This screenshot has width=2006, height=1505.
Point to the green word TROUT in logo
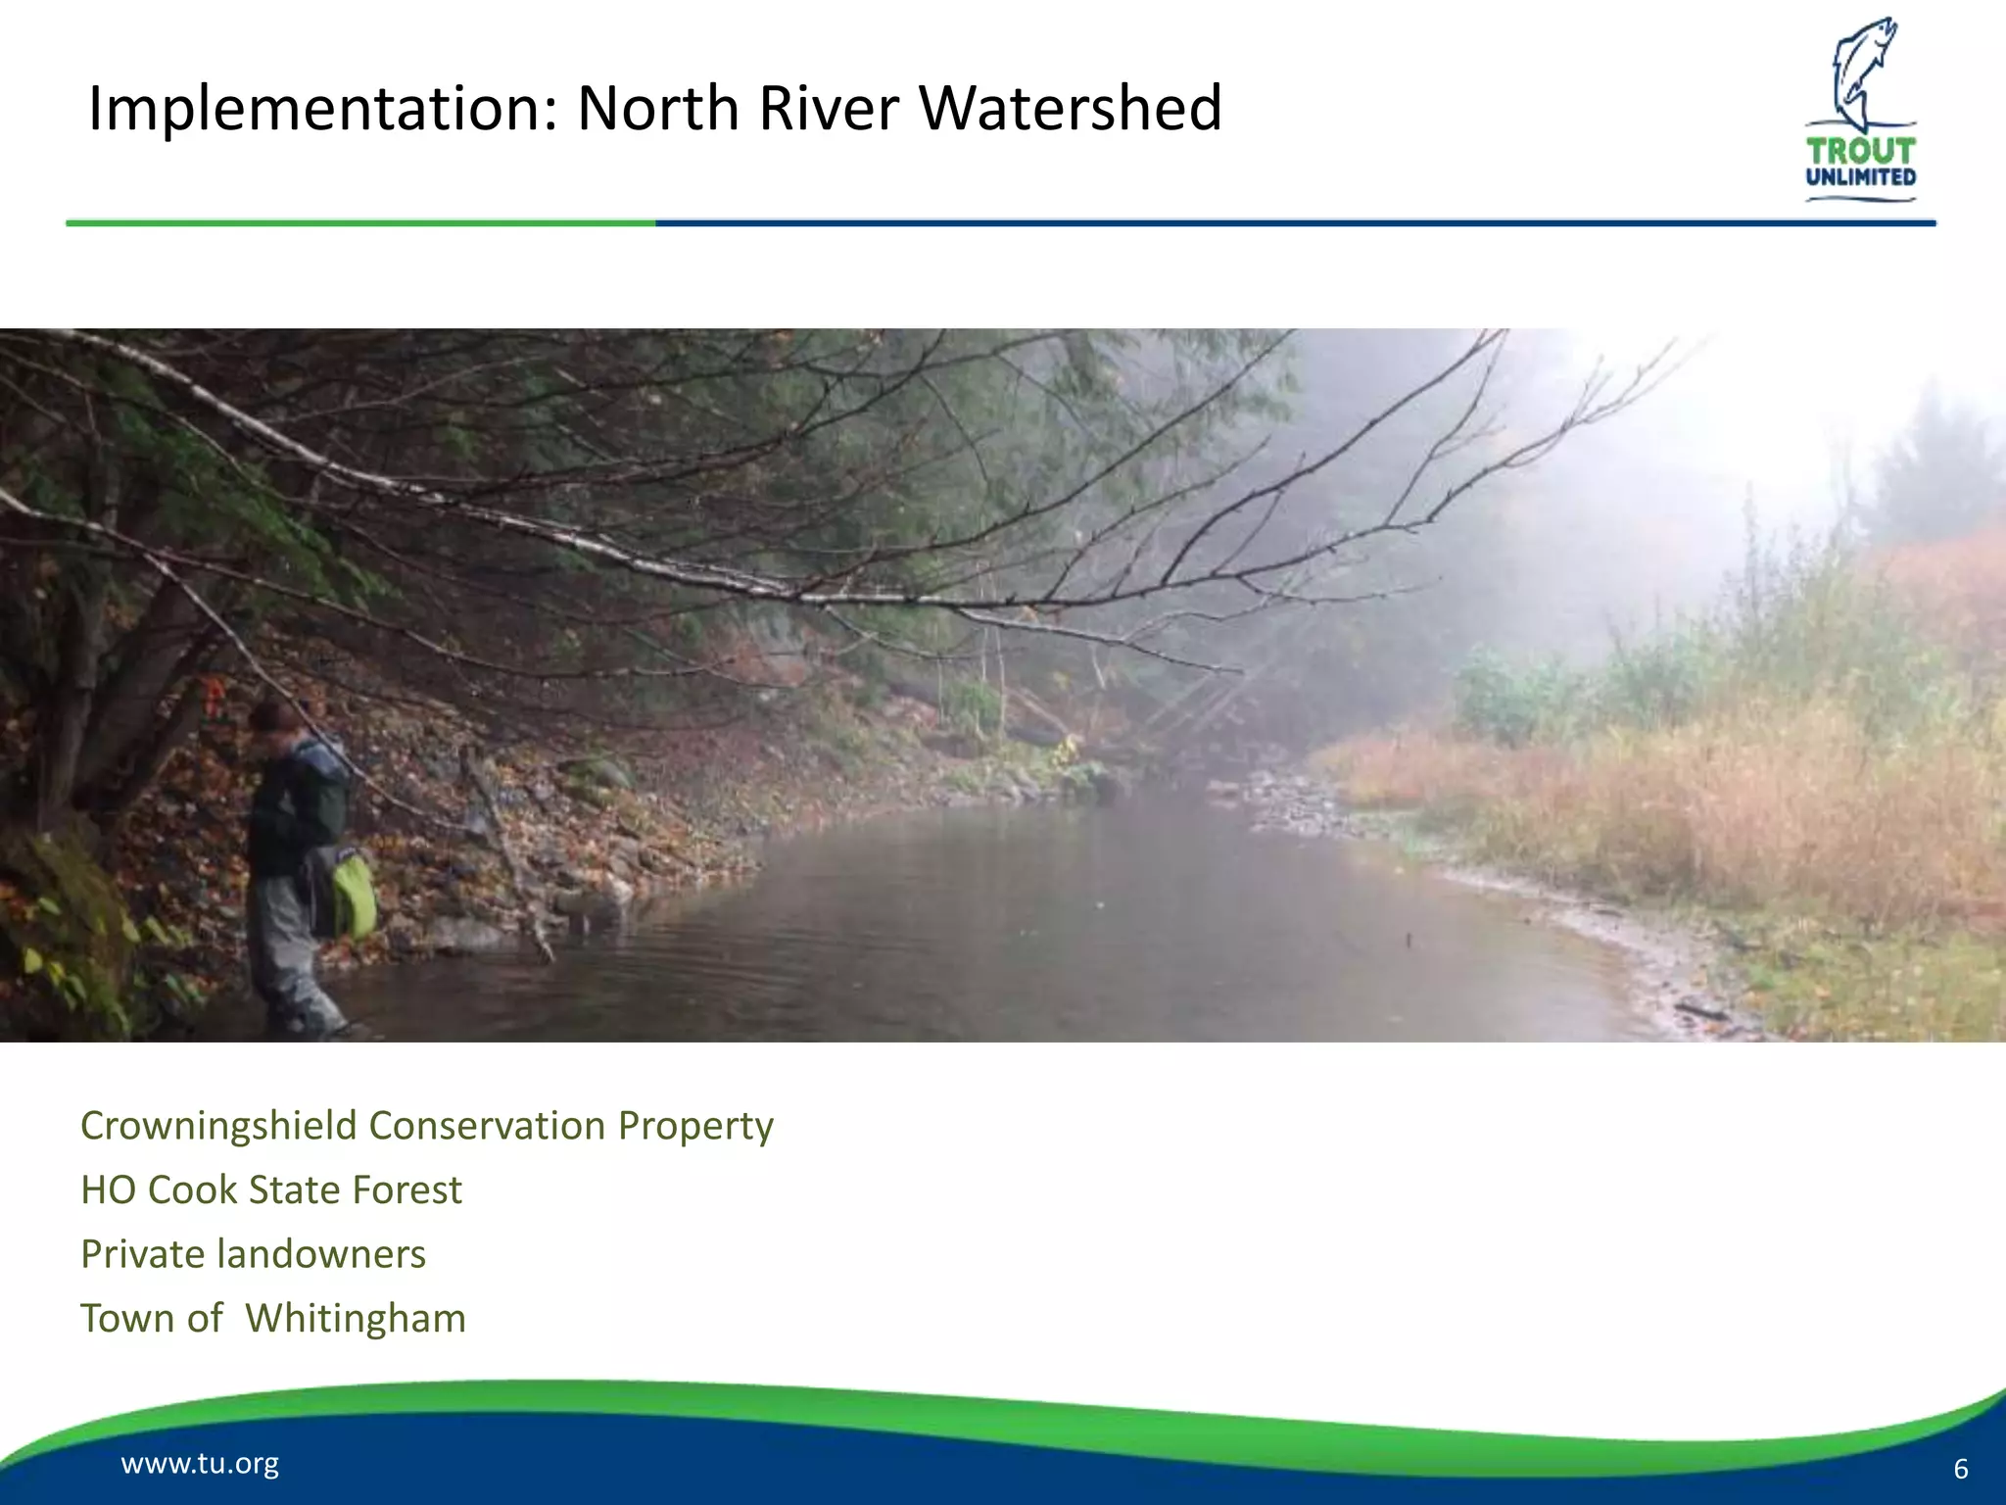click(x=1860, y=151)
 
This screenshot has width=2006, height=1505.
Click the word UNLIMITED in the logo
click(x=1860, y=177)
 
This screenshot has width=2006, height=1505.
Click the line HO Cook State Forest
click(x=271, y=1190)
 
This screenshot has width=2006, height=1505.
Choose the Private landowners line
click(x=253, y=1254)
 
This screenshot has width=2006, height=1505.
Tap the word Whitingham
click(x=355, y=1319)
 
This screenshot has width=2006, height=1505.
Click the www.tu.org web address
click(x=200, y=1463)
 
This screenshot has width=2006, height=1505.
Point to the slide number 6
click(x=1960, y=1469)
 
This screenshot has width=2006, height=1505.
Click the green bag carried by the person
click(x=354, y=894)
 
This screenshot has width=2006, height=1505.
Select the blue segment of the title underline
click(x=1293, y=223)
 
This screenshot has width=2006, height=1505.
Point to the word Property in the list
click(x=695, y=1126)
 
